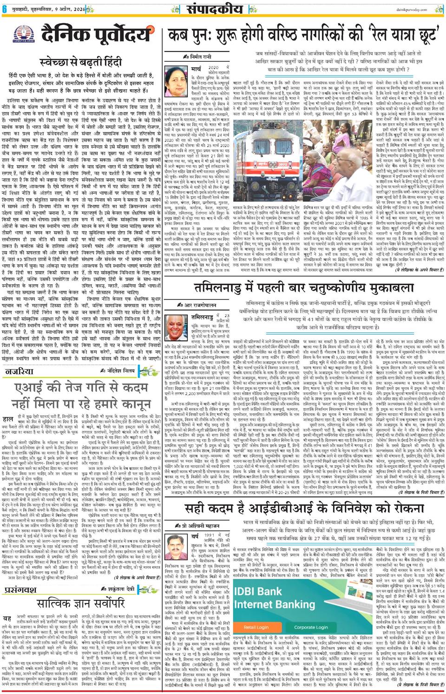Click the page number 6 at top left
pyautogui.click(x=4, y=8)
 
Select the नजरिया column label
pyautogui.click(x=19, y=371)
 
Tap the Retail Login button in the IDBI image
pyautogui.click(x=256, y=627)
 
